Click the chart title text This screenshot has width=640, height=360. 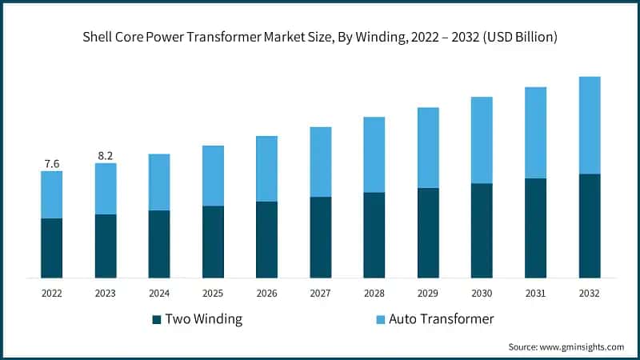click(x=320, y=37)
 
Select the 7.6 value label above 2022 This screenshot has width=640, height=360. click(x=51, y=164)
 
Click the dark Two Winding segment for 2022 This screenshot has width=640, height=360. click(x=51, y=248)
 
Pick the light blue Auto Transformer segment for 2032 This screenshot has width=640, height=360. click(x=590, y=125)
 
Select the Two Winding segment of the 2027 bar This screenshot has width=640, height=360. click(x=320, y=238)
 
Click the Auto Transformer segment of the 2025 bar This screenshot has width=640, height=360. click(x=213, y=176)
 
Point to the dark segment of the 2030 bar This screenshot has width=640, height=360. click(x=482, y=230)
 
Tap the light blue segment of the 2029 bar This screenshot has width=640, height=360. click(x=428, y=148)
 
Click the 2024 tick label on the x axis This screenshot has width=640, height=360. click(x=159, y=294)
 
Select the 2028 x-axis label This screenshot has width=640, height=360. click(x=374, y=294)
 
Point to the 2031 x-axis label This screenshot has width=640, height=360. click(x=536, y=294)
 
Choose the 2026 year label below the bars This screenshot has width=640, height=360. click(x=266, y=294)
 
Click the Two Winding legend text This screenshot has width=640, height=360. click(x=203, y=319)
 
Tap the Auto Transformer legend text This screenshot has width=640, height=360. click(x=441, y=319)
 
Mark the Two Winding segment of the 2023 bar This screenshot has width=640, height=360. click(x=105, y=246)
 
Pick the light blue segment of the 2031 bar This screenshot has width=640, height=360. click(x=536, y=133)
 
